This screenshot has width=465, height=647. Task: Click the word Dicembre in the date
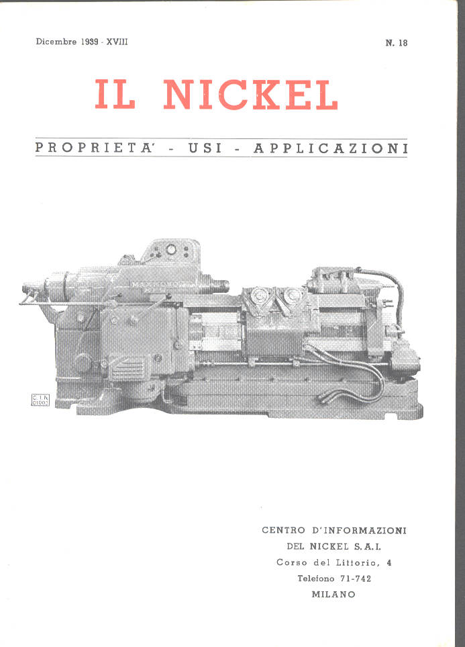pos(56,42)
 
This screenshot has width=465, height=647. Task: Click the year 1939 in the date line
pos(89,42)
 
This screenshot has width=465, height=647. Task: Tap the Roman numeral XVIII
pos(117,42)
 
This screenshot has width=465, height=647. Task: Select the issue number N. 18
pos(397,42)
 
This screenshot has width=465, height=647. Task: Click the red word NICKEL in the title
pos(251,95)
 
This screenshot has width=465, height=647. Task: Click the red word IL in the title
pos(115,94)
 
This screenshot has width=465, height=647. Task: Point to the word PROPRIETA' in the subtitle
pos(95,148)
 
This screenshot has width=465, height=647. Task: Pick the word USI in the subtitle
pos(205,148)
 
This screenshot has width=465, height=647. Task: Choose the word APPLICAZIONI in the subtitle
pos(330,148)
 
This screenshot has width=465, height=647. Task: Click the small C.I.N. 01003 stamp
pos(40,400)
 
